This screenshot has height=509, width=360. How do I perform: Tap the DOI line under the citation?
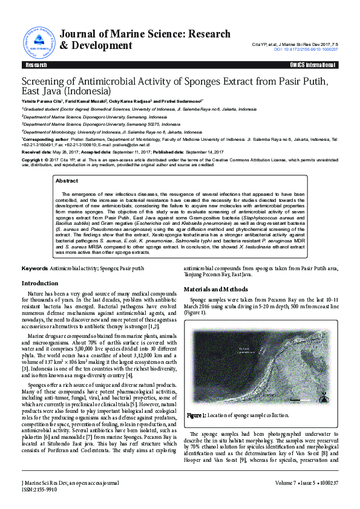307,50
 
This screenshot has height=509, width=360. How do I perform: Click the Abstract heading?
67,181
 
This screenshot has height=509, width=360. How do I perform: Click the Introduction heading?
40,283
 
